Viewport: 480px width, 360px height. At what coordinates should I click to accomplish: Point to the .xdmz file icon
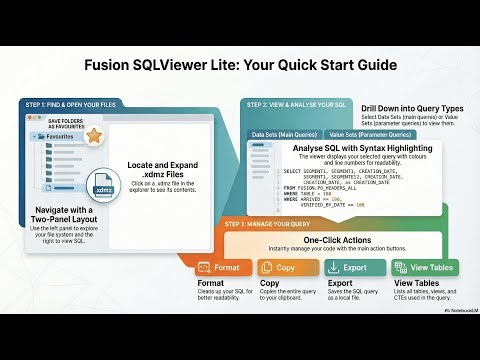(103, 188)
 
